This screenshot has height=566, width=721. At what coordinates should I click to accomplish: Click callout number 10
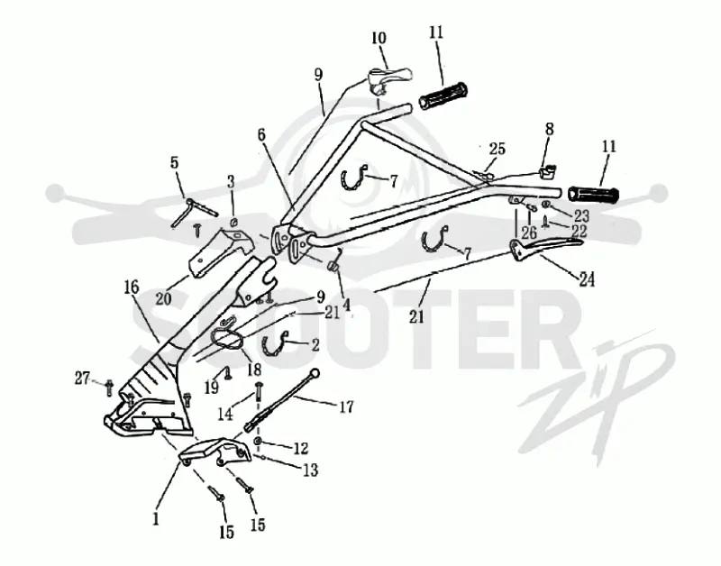[x=379, y=38]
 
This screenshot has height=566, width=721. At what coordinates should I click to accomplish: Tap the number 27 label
[x=83, y=379]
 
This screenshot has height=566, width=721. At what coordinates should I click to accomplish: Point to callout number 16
[x=132, y=288]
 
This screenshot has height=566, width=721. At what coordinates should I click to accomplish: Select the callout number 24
[x=587, y=279]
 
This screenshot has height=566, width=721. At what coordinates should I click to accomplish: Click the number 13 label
[x=310, y=470]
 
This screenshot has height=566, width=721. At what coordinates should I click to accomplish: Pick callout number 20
[x=163, y=298]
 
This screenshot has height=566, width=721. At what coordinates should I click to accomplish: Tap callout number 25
[x=497, y=149]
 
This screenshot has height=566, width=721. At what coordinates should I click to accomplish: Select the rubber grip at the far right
[x=594, y=194]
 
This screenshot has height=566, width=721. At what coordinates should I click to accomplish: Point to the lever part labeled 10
[x=389, y=78]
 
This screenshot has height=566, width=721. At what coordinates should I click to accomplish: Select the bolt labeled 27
[x=109, y=388]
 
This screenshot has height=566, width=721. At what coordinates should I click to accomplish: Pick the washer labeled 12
[x=258, y=442]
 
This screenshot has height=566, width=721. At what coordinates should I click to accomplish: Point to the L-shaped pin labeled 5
[x=195, y=210]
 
